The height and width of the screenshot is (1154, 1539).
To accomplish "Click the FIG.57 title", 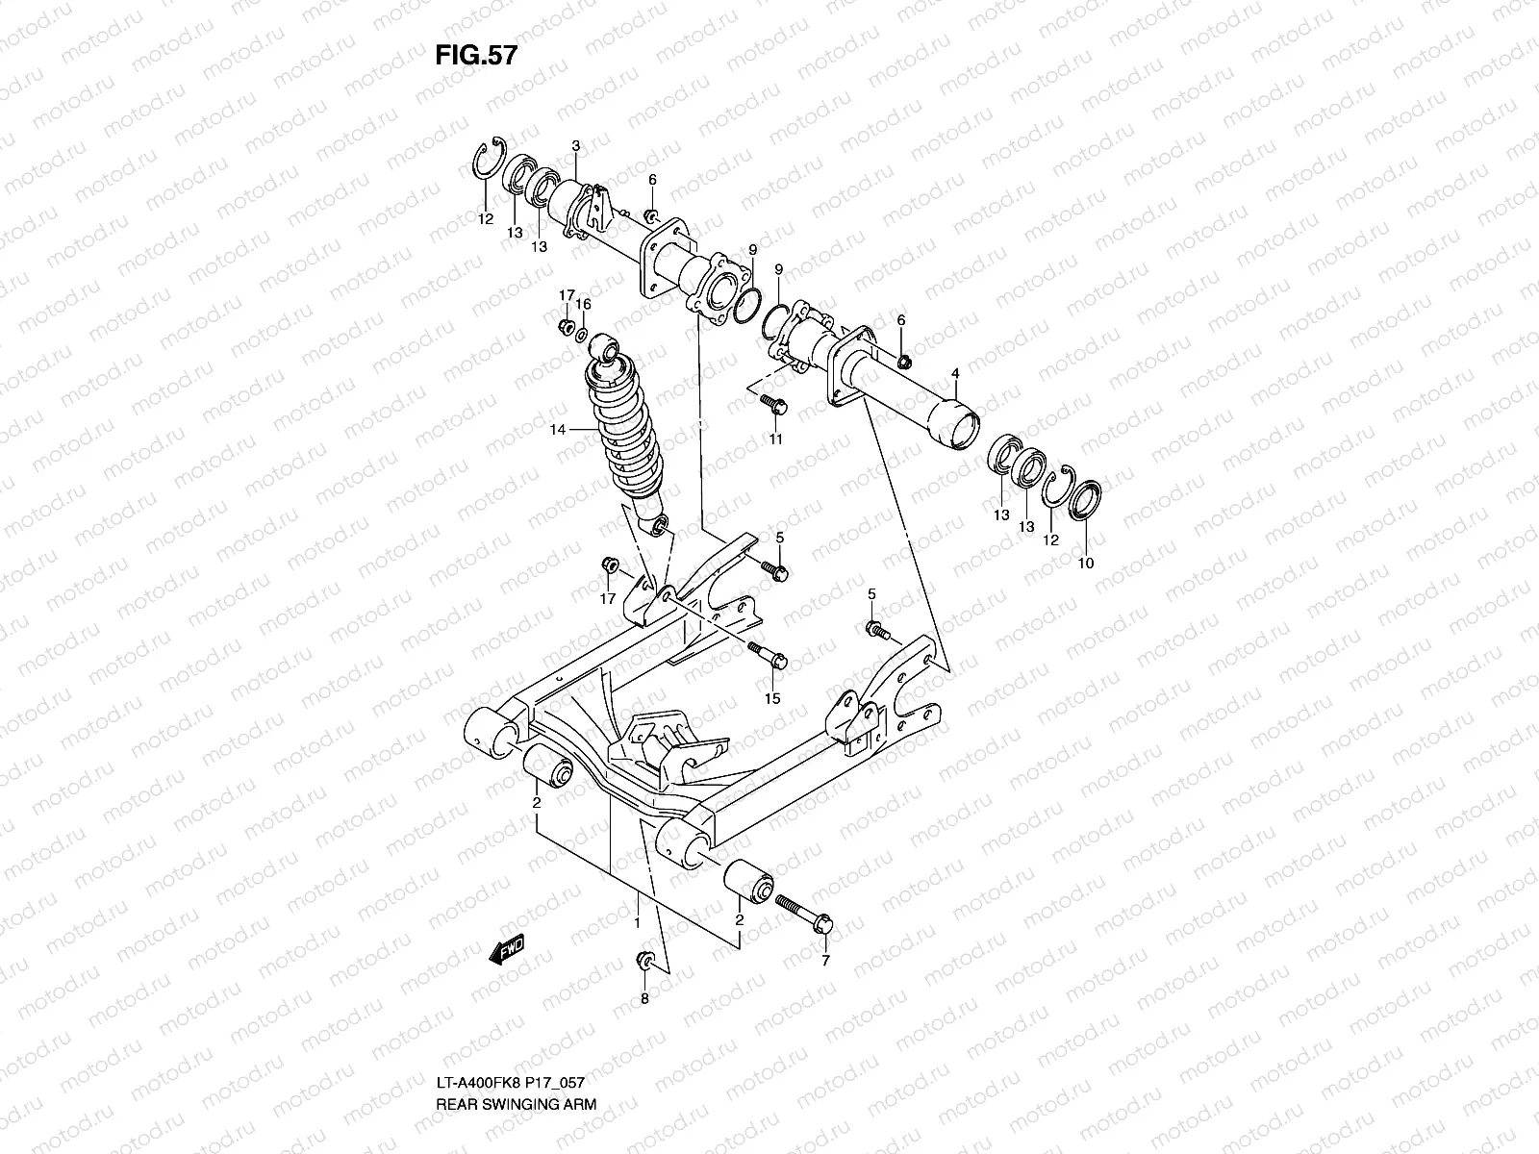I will tap(476, 56).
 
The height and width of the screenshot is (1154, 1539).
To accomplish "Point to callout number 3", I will tap(575, 146).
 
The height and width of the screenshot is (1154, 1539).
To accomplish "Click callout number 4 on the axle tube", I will tap(955, 372).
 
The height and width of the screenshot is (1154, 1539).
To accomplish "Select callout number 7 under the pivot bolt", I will tap(824, 960).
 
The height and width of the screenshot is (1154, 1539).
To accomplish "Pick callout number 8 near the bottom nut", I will tap(644, 999).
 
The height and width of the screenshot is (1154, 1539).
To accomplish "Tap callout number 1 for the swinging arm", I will tap(637, 922).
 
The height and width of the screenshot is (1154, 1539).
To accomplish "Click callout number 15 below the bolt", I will tap(771, 696).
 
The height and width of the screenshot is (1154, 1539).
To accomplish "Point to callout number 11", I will tap(775, 439).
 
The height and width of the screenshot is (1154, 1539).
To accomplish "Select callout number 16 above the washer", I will tap(583, 304).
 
